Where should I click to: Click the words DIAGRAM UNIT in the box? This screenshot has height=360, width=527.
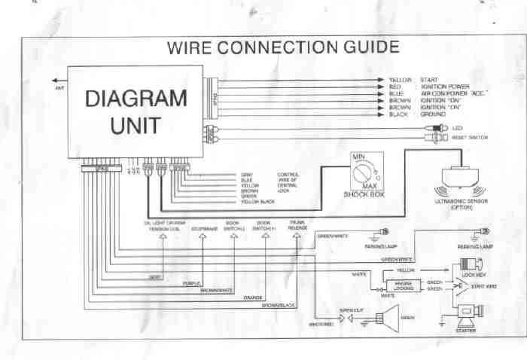click(136, 111)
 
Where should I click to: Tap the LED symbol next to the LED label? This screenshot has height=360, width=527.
click(436, 128)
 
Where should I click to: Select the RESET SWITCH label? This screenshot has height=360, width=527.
click(471, 138)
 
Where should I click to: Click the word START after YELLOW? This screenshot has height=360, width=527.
click(429, 79)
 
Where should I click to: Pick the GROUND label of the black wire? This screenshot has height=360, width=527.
click(434, 114)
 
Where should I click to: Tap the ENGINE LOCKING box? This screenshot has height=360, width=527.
click(399, 286)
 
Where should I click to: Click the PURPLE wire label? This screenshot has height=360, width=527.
click(191, 284)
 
